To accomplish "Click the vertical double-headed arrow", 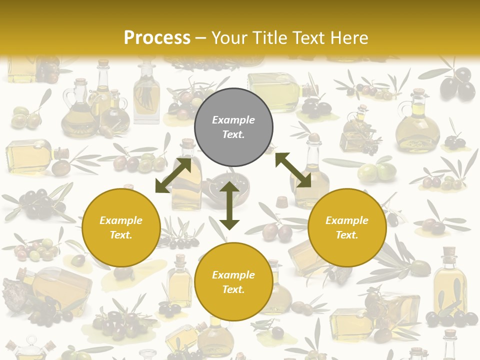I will tap(229, 205).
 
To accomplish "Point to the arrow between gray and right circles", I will tap(293, 170).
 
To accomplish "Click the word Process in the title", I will tap(157, 38).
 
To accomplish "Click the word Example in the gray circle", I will tap(233, 120).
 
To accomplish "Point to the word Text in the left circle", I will tap(121, 235).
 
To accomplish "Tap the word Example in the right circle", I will tap(347, 220).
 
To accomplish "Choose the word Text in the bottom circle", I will tap(233, 289).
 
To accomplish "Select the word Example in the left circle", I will tap(121, 220).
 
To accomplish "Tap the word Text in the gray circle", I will tap(233, 134).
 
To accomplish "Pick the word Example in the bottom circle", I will tap(233, 275).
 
